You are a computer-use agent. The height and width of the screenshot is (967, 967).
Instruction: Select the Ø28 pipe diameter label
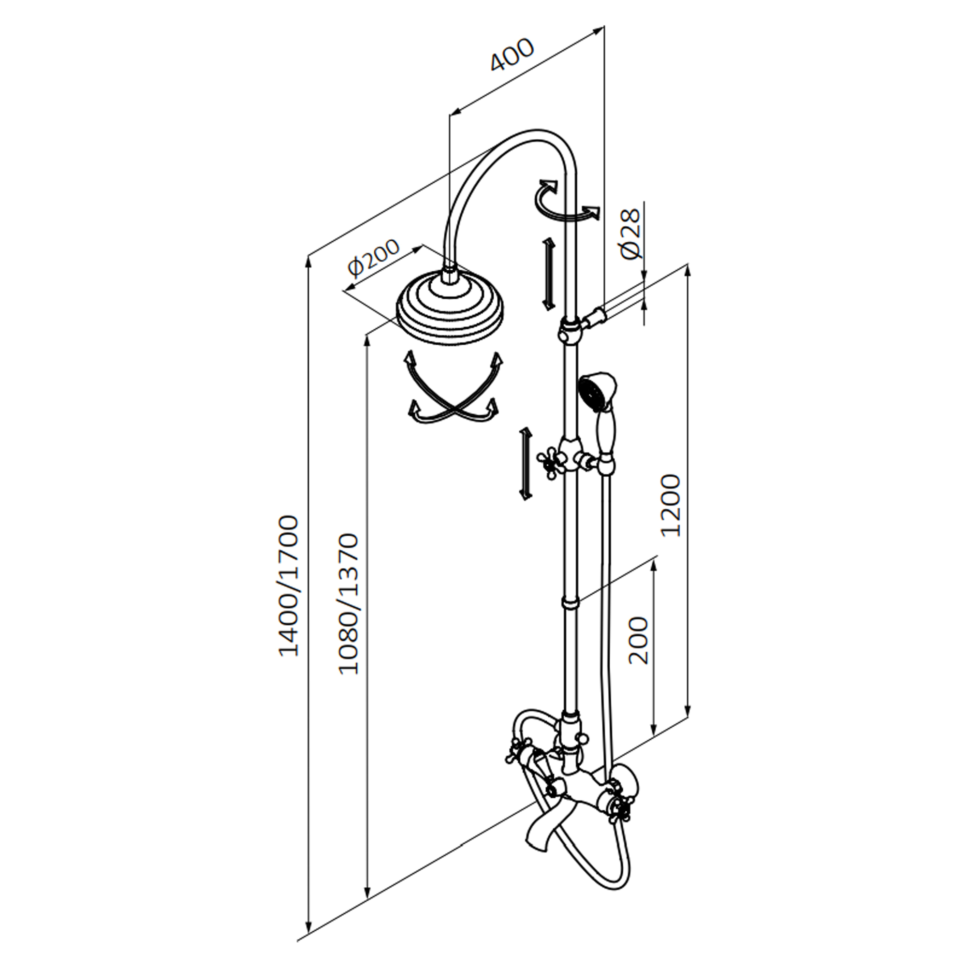pyautogui.click(x=630, y=233)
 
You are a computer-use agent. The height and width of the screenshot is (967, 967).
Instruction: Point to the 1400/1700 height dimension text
pyautogui.click(x=289, y=586)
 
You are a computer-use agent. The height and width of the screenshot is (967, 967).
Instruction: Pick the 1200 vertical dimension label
pyautogui.click(x=671, y=506)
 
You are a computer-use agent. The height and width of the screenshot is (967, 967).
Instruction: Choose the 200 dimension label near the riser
pyautogui.click(x=638, y=641)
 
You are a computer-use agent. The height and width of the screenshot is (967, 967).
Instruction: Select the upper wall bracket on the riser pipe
pyautogui.click(x=571, y=330)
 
